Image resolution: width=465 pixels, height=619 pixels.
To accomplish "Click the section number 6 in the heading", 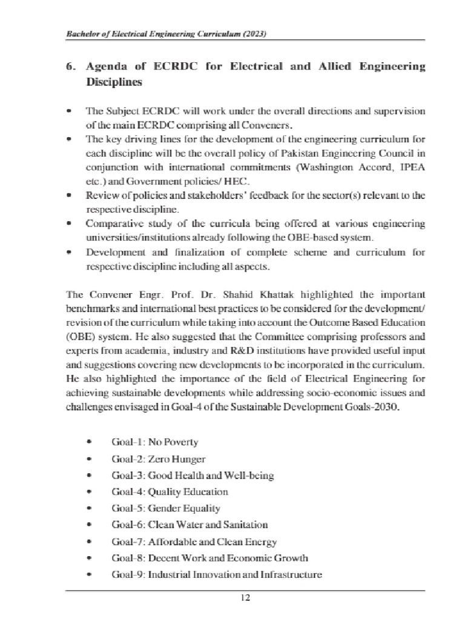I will pos(69,65).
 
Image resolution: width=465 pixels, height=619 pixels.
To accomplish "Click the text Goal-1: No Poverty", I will pos(154,442).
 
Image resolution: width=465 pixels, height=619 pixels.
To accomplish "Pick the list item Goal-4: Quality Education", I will pos(170,492).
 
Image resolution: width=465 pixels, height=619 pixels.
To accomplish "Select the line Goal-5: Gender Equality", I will pos(165,508).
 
